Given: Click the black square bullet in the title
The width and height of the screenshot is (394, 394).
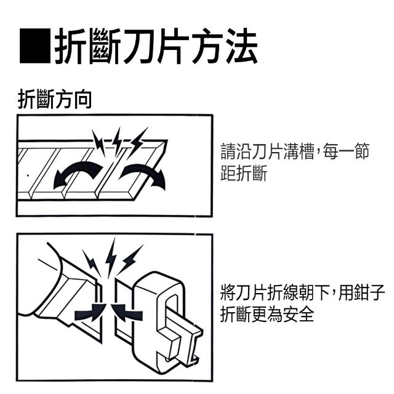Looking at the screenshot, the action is (x=35, y=46).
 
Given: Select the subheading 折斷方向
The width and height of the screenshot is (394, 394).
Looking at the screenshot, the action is (x=55, y=99).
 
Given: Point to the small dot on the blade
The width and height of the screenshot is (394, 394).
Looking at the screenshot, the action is (x=28, y=175).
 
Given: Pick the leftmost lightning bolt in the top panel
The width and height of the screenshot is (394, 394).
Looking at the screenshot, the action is (x=98, y=143).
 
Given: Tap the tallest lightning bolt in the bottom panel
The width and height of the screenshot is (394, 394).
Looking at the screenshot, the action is (x=111, y=257).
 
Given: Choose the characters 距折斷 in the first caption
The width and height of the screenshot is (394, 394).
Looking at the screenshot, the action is (x=243, y=173).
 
